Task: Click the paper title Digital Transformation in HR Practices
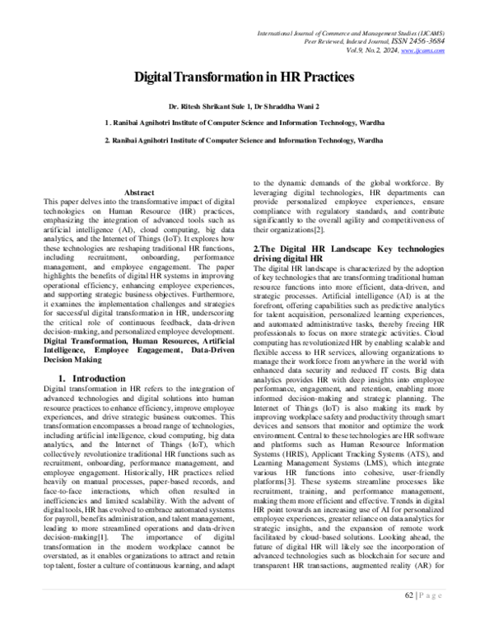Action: [x=246, y=77]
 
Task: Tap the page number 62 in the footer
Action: [x=409, y=616]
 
